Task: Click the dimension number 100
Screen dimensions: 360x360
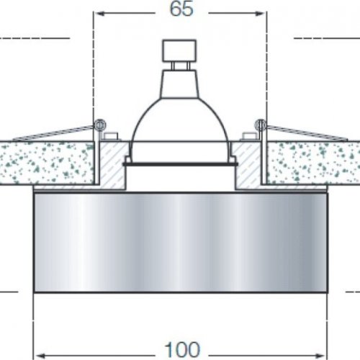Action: pyautogui.click(x=186, y=330)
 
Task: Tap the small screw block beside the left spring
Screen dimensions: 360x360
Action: pyautogui.click(x=110, y=135)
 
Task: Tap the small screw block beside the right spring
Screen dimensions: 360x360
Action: pyautogui.click(x=248, y=135)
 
